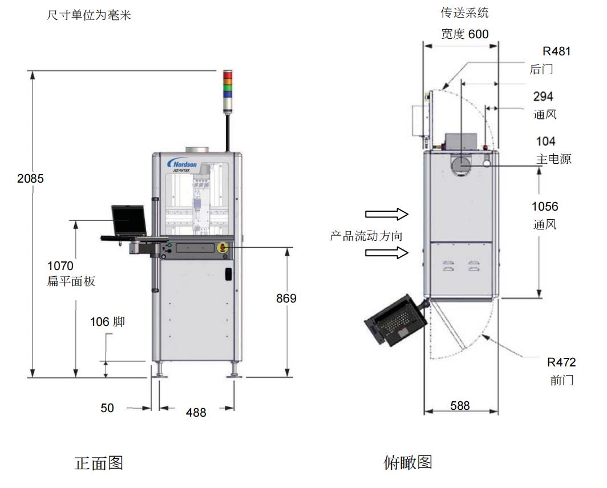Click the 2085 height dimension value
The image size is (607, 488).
30,178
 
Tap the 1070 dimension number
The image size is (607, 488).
60,265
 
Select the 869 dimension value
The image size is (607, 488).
286,298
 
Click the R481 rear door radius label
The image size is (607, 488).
556,51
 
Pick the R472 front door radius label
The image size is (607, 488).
561,362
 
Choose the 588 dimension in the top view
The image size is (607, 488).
460,405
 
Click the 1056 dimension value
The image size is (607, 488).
545,207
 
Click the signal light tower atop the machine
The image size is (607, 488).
228,85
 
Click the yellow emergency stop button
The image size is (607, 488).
223,247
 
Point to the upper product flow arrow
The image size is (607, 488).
387,214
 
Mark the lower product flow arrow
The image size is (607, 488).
387,252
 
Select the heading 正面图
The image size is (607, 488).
99,462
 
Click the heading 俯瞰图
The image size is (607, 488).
408,462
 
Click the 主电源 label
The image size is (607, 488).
553,159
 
